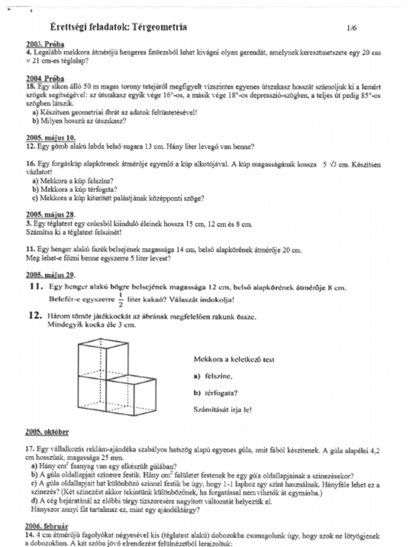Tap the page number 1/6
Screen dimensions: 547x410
pyautogui.click(x=351, y=28)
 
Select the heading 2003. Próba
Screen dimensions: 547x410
pyautogui.click(x=45, y=44)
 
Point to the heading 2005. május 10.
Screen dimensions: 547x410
pyautogui.click(x=50, y=137)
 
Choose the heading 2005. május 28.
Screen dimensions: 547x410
pyautogui.click(x=50, y=214)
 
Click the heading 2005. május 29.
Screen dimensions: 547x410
pyautogui.click(x=50, y=275)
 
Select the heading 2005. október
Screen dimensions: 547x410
pyautogui.click(x=47, y=431)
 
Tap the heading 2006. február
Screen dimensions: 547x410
pyautogui.click(x=47, y=526)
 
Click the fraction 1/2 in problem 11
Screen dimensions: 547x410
pyautogui.click(x=120, y=300)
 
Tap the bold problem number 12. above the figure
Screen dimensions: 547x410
pyautogui.click(x=35, y=316)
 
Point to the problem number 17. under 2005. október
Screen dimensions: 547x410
pyautogui.click(x=30, y=450)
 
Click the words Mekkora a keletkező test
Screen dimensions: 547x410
pyautogui.click(x=234, y=360)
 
